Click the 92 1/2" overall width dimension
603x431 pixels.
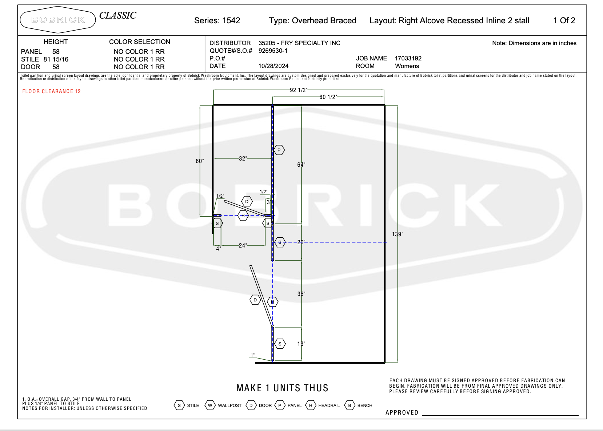point(299,90)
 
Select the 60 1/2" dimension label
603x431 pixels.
point(328,97)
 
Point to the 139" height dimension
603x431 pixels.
point(398,234)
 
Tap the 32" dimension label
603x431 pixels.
point(243,158)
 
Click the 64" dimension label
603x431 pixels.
point(301,165)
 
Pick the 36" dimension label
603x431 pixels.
point(301,294)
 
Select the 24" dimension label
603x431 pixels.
point(243,245)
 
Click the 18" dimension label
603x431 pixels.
point(301,344)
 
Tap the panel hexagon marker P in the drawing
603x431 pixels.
point(279,150)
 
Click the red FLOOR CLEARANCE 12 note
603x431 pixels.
point(51,91)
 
